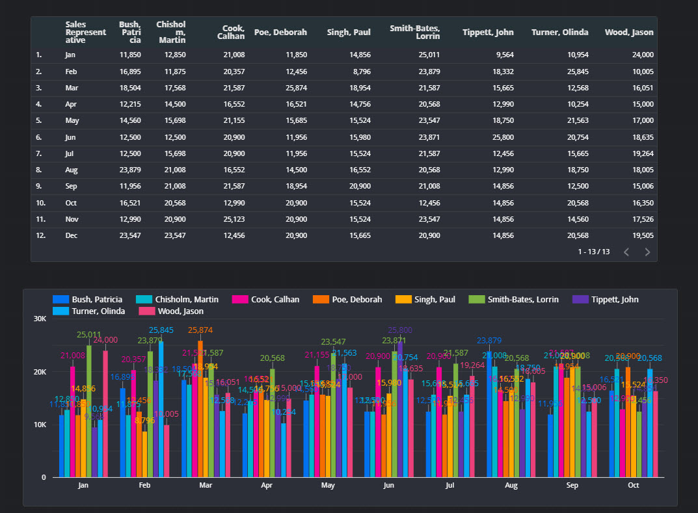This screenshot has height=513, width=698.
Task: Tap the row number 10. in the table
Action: coord(40,203)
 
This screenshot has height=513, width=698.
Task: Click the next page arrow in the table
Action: coord(647,252)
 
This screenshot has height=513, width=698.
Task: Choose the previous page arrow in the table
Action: coord(626,252)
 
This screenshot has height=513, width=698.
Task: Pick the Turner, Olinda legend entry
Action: coord(94,311)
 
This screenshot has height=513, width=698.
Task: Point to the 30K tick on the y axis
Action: coord(40,319)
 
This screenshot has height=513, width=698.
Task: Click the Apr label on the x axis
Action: coord(267,485)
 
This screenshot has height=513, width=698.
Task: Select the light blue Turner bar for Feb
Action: coord(161,410)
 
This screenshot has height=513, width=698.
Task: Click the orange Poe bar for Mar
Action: coord(200,409)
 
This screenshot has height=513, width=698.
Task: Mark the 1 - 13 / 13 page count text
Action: coord(593,252)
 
